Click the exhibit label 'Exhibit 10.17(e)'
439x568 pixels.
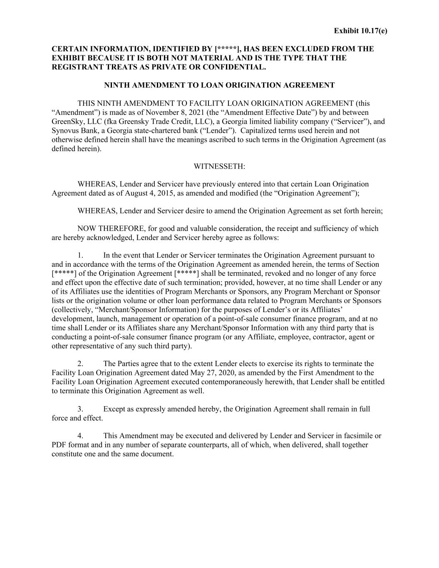pyautogui.click(x=360, y=31)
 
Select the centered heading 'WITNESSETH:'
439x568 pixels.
pyautogui.click(x=219, y=166)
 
